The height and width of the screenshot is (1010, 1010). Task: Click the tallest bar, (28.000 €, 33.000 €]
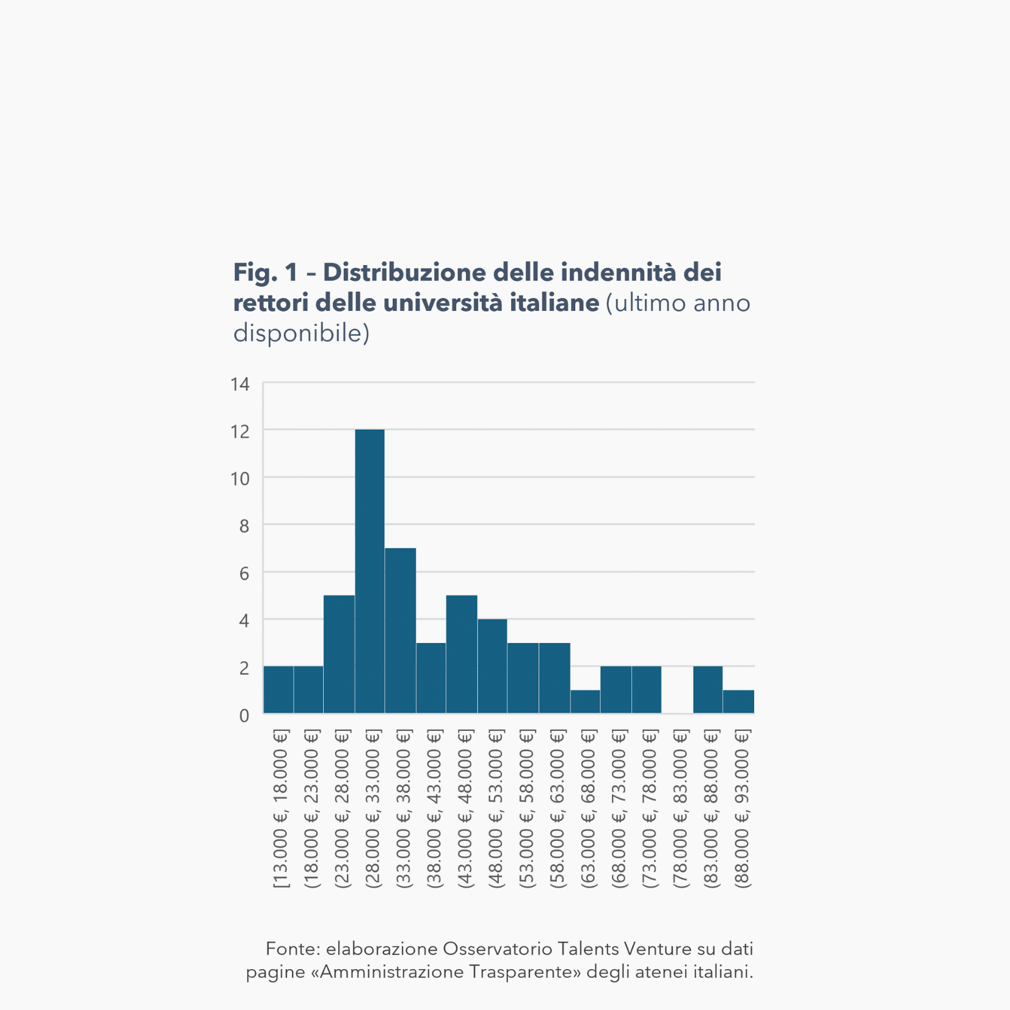(369, 571)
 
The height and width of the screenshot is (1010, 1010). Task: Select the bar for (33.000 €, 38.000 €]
(400, 630)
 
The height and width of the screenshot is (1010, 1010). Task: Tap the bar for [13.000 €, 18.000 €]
(278, 689)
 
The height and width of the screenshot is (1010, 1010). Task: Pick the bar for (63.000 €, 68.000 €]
(585, 702)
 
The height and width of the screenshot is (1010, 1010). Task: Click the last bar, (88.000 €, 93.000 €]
(738, 702)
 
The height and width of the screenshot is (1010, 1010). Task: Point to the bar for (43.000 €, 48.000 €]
(462, 654)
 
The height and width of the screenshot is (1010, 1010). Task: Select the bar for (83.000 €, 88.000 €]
(708, 689)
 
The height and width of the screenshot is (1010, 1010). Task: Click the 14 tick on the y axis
(240, 384)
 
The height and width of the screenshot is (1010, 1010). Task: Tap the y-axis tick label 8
(244, 526)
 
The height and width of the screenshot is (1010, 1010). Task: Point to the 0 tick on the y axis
(244, 715)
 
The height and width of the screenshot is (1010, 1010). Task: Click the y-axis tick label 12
(240, 432)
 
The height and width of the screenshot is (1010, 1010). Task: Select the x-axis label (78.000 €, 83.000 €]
(680, 808)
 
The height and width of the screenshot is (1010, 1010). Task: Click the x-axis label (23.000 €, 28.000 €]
(343, 808)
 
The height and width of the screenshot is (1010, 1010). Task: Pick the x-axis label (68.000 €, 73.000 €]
(619, 808)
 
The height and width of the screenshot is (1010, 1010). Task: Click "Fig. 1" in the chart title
(266, 272)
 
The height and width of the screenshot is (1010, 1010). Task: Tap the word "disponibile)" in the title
(302, 333)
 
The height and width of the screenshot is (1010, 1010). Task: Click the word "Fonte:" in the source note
(292, 948)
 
